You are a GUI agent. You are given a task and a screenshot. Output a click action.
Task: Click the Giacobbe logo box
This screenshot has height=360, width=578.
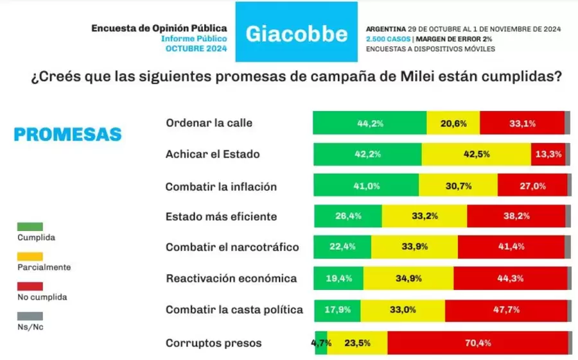296,33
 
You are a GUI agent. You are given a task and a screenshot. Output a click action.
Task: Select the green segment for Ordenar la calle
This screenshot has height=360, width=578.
369,123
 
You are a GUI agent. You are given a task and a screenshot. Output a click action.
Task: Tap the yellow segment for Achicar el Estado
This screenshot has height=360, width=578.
476,154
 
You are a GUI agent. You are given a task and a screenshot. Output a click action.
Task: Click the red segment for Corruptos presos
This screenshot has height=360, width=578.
478,343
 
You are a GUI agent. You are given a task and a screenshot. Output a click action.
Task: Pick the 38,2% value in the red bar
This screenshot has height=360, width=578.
516,216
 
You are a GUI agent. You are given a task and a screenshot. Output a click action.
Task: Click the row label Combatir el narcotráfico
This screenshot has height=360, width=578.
232,247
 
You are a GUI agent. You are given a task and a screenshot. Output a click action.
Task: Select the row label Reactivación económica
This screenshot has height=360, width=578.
231,279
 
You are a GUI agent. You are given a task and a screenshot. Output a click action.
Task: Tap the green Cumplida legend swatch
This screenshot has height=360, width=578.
31,227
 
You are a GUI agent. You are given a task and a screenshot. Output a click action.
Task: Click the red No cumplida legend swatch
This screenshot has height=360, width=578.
31,286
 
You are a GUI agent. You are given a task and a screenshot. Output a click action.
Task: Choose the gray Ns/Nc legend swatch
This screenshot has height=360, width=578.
31,316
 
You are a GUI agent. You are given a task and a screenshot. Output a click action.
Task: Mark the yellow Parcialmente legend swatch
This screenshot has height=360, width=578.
31,256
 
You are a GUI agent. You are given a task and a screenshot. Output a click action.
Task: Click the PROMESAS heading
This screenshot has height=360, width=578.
67,134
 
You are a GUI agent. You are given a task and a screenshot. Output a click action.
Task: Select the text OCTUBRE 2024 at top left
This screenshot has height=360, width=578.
196,49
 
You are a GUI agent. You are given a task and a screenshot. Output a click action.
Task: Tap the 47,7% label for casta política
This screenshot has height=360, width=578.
505,310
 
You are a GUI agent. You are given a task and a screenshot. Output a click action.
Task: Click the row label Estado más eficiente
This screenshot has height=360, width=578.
221,216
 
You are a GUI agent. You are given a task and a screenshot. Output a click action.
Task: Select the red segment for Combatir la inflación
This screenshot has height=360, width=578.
532,186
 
